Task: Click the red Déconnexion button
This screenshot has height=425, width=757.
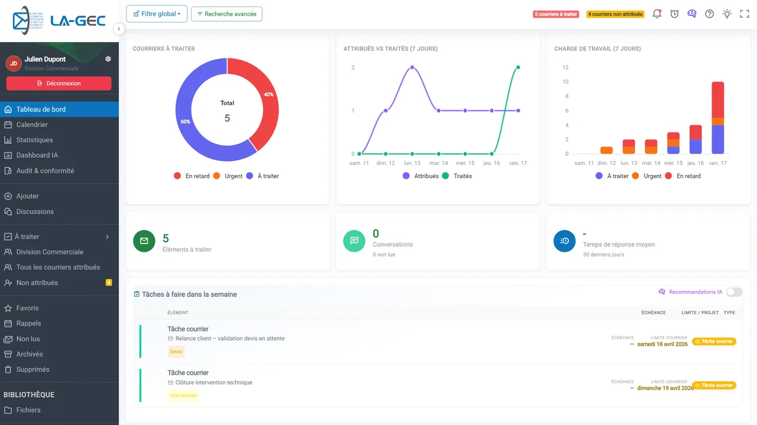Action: coord(59,83)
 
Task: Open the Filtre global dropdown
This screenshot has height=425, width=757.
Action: coord(157,14)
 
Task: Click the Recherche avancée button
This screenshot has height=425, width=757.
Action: coord(227,14)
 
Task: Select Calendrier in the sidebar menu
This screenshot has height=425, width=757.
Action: coord(32,125)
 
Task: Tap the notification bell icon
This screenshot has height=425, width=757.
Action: coord(657,14)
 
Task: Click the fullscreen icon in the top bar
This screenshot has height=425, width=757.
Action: coord(745,14)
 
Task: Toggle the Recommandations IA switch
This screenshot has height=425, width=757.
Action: coord(734,292)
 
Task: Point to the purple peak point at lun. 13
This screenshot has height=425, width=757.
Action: coord(412,67)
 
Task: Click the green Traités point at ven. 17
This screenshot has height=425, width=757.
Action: coord(518,67)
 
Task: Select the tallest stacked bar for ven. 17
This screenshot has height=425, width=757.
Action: coord(718,118)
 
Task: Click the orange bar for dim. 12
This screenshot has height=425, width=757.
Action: coord(607,150)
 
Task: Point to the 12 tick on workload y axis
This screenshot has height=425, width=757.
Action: coord(565,67)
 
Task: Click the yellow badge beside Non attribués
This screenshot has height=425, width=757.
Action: coord(108,283)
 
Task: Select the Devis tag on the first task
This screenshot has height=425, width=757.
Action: coord(176,352)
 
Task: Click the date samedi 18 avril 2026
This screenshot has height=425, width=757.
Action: coord(662,344)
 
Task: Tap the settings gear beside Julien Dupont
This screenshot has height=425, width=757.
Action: coord(108,59)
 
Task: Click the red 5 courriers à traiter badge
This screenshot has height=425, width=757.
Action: coord(555,14)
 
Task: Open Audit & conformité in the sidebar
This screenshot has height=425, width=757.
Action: coord(45,171)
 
